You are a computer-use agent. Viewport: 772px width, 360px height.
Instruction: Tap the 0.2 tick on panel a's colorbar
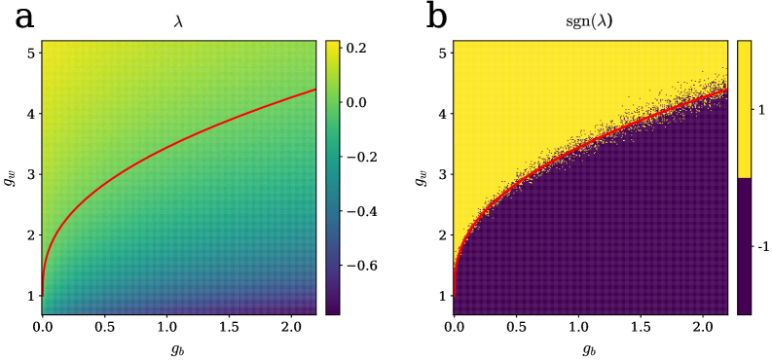356,47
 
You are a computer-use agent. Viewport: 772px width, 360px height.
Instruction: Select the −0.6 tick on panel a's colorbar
362,265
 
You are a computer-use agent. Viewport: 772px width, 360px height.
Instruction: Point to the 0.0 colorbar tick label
356,101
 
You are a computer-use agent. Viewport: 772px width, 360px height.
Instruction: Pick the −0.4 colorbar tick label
362,210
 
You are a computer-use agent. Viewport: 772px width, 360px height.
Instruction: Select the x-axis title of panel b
590,348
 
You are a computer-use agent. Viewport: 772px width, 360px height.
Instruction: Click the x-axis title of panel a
178,348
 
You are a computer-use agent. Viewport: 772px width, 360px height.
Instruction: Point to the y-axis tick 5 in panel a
32,53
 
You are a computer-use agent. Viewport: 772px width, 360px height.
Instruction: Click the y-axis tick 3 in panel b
444,174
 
